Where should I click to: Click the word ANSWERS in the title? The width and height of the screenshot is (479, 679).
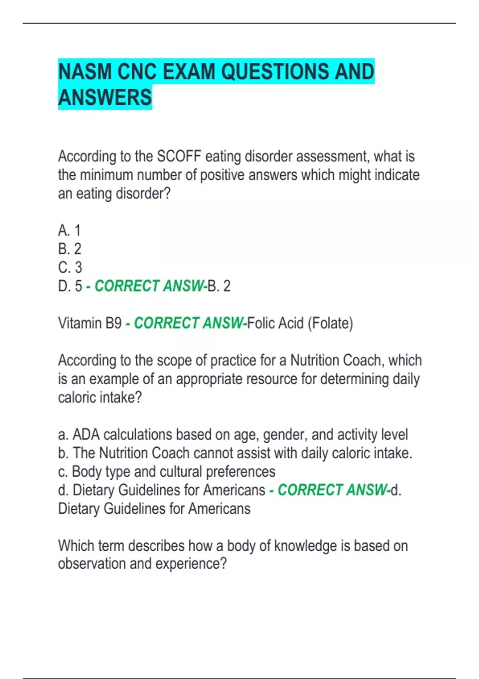(105, 97)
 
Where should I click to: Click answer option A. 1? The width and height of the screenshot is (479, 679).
(69, 230)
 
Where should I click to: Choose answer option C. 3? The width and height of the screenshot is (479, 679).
(70, 267)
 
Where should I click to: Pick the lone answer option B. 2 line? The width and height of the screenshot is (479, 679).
(69, 249)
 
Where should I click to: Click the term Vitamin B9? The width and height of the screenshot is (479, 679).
(90, 323)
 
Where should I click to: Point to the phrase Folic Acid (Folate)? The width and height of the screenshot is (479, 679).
(300, 323)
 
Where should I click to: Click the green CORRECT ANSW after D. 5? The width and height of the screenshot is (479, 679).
(149, 286)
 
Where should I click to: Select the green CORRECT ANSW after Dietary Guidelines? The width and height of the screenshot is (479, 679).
(332, 490)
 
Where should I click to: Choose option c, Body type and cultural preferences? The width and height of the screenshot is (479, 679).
(166, 472)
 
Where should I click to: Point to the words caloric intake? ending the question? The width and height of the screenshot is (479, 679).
(100, 397)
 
